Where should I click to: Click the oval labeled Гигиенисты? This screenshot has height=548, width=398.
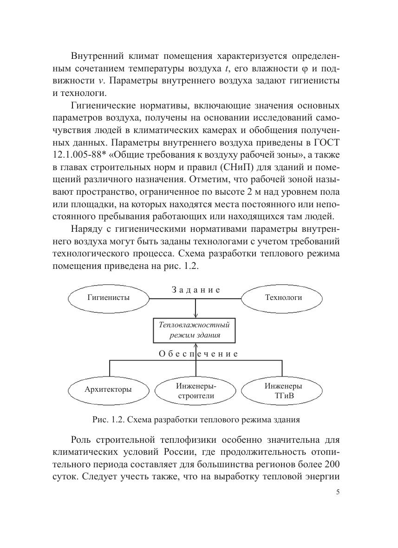coord(108,298)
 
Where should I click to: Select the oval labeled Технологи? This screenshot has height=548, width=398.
coord(283,298)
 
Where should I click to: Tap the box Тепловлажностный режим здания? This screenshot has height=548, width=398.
coord(195,330)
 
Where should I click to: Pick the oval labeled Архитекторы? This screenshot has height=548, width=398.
coord(108,389)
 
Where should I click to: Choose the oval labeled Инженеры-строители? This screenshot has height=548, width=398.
coord(196,391)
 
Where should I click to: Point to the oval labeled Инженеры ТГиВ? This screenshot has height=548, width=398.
coord(283,391)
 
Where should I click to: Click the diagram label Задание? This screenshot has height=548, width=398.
coord(196,290)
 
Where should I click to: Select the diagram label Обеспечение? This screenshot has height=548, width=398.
coord(198,354)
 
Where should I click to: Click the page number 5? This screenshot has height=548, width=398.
coord(338,492)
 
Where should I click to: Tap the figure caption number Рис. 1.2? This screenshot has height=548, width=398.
coord(109,420)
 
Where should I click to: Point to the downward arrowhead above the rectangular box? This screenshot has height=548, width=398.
coord(196,315)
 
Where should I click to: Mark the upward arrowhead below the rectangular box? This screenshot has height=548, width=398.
coord(196,344)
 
